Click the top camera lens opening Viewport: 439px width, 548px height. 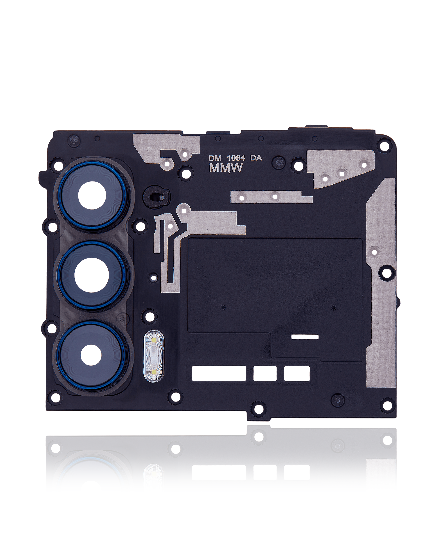[x=92, y=196]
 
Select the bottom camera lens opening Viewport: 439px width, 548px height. [x=91, y=355]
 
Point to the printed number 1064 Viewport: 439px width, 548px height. [x=236, y=158]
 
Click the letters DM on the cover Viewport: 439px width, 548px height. [x=215, y=158]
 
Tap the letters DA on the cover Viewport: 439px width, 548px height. [x=256, y=158]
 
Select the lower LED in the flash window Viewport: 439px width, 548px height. [x=153, y=372]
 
